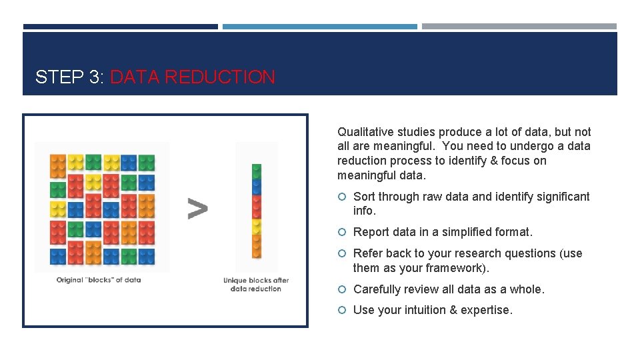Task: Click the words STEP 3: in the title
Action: click(69, 77)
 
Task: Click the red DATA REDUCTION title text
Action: click(192, 77)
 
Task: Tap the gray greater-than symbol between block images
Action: click(197, 209)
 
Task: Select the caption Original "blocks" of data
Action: click(99, 280)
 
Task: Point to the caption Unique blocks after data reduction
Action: click(256, 285)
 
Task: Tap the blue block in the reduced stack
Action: click(257, 186)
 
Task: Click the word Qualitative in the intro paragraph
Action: click(363, 132)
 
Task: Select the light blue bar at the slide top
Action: click(319, 27)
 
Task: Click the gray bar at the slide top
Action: click(519, 27)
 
